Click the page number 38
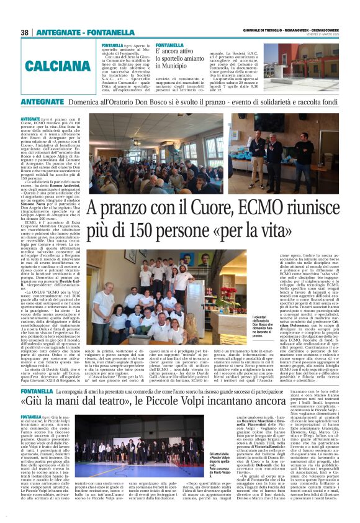25,32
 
